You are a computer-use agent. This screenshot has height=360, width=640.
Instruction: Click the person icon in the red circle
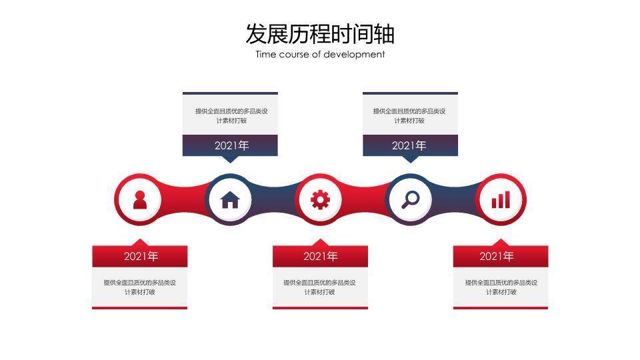139,199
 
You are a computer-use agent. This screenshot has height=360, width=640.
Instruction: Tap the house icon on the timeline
230,199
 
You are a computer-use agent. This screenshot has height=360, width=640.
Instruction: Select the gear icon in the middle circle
321,199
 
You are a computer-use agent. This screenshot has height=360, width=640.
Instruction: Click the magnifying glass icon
411,199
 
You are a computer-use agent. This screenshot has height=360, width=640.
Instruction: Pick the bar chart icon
501,199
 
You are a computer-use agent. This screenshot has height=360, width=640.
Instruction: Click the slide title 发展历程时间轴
320,33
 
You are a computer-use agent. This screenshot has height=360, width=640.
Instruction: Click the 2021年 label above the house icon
231,145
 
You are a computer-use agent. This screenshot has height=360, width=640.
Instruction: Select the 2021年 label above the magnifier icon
409,145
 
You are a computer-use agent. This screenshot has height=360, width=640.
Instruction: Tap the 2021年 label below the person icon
140,256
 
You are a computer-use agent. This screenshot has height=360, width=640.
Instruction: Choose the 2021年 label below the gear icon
320,256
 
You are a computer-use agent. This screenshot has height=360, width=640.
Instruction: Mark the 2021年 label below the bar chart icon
497,256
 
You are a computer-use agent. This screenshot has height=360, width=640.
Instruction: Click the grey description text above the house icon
231,115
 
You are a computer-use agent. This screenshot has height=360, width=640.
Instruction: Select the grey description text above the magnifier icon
409,115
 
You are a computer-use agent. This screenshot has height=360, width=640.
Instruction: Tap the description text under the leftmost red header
139,287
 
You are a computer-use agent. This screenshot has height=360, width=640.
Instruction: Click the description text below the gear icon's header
320,287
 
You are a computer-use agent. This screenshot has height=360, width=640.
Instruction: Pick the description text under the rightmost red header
501,287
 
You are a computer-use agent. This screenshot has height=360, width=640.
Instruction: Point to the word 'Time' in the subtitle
266,55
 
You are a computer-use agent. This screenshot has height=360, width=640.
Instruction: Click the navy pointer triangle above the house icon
230,159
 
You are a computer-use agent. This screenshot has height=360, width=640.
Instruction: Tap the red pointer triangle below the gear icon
320,242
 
